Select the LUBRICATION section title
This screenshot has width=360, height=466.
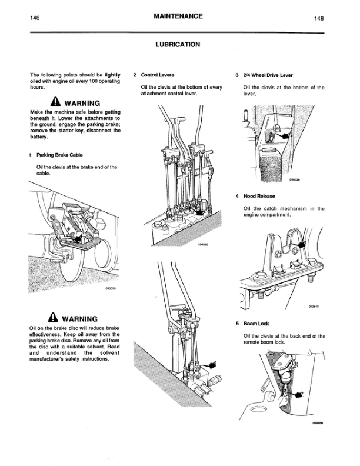(x=177, y=44)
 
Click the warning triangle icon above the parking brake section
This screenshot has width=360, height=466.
(x=55, y=101)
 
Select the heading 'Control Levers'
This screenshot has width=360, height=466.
(x=157, y=75)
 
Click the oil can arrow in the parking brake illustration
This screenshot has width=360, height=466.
(x=76, y=237)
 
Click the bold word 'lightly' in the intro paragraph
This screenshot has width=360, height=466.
(x=113, y=75)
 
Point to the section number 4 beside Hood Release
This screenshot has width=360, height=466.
(x=236, y=196)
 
